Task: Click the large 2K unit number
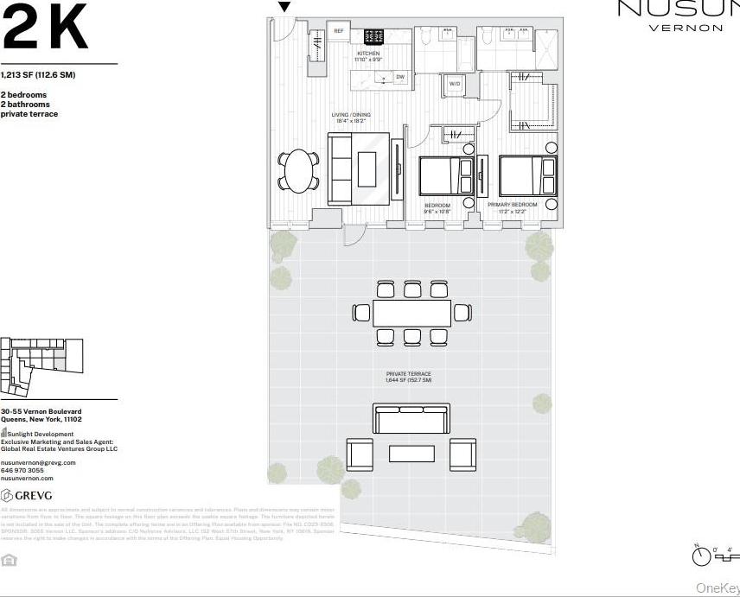coord(45,29)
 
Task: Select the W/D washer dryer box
coord(455,84)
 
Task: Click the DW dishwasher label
coord(400,77)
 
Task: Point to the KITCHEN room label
coord(368,54)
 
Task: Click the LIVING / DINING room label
coord(351,115)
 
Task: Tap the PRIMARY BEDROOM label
coord(512,205)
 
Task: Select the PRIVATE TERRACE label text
coord(408,374)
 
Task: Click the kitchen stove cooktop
coord(373,36)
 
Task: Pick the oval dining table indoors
coord(299,171)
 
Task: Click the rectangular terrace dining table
coord(411,313)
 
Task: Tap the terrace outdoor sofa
coord(411,418)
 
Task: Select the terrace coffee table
coord(411,453)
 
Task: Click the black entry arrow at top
coord(284,7)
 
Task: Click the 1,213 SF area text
coord(38,74)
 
